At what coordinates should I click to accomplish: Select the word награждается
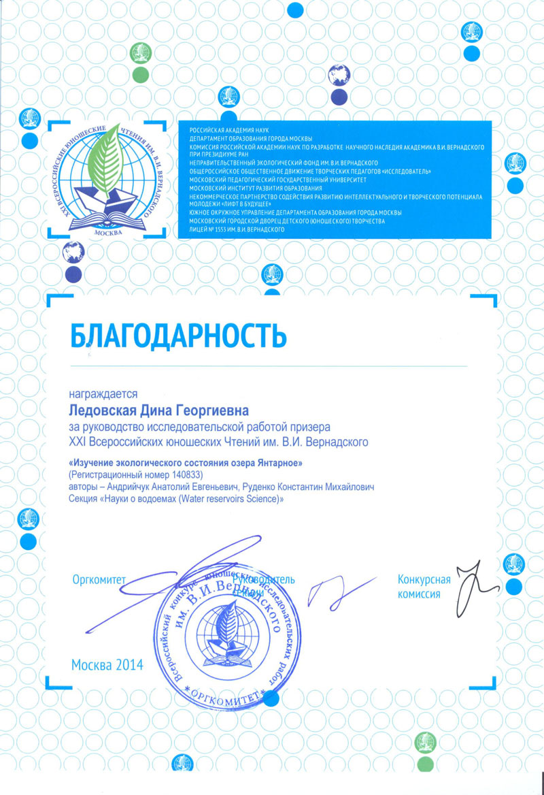(x=103, y=393)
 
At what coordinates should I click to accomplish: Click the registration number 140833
(x=184, y=474)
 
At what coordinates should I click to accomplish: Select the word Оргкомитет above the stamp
(x=99, y=580)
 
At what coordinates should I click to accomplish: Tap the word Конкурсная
(x=424, y=580)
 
